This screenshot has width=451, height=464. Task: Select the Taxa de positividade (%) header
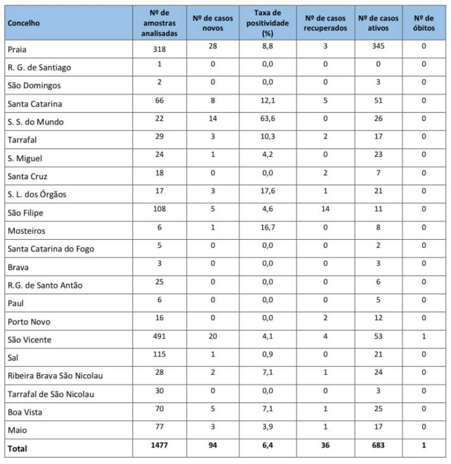pos(267,23)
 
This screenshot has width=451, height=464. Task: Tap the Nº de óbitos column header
pos(423,23)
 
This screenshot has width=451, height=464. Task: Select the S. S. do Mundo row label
pos(35,122)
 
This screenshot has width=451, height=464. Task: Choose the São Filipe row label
pos(25,213)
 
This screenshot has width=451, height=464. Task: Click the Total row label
pos(18,449)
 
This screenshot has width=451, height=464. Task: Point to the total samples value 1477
pos(159,446)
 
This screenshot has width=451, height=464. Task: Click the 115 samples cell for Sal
pos(159,355)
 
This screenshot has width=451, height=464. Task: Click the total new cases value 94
pos(213,446)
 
